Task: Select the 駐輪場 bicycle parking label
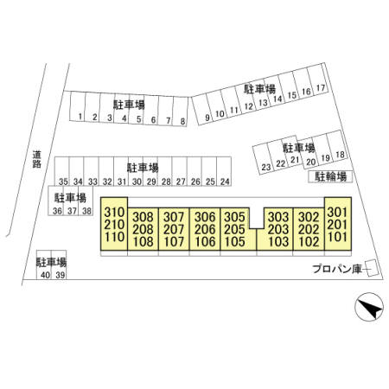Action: click(330, 176)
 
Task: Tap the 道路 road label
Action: click(36, 159)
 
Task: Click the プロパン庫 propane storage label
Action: click(337, 269)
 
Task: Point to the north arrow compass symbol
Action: click(369, 307)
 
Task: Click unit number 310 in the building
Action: click(114, 213)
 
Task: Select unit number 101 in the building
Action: click(337, 237)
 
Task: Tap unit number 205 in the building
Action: click(234, 229)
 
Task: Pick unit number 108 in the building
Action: click(143, 242)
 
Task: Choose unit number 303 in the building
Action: click(278, 217)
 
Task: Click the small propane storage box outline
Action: click(372, 268)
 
